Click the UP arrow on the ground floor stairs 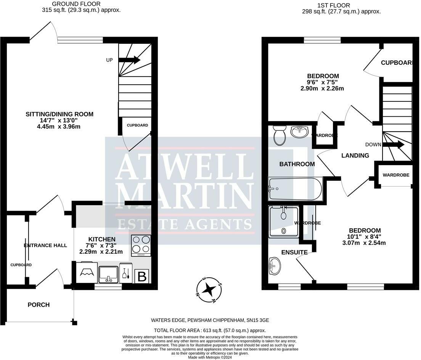coord(129,59)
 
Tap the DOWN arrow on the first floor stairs coord(393,145)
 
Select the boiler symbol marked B coord(142,276)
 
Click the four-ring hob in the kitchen coord(141,245)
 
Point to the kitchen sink coord(108,274)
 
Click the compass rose coord(209,290)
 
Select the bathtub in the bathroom coord(295,189)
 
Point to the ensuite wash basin coord(275,266)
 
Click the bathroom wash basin coord(300,132)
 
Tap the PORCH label coord(39,305)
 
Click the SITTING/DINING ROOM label coord(59,114)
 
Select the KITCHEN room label coord(102,239)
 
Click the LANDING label coord(355,156)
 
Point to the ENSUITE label coord(294,252)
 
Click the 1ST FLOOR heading coord(334,5)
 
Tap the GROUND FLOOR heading coord(76,4)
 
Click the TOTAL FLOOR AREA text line coord(210,331)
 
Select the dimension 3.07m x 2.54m coord(364,243)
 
